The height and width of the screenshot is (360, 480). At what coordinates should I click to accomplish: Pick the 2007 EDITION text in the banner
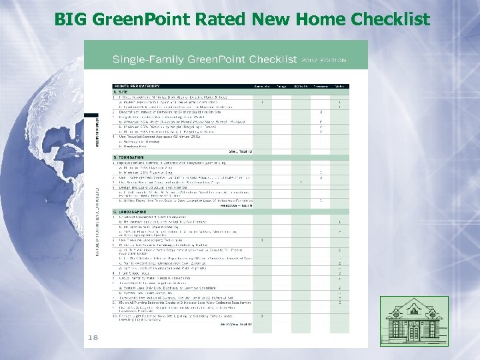click(x=325, y=61)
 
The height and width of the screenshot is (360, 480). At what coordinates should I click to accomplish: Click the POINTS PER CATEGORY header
click(x=136, y=86)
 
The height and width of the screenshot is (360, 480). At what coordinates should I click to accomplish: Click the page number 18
click(x=92, y=338)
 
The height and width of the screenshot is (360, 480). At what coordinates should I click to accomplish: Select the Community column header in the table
click(x=262, y=86)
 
